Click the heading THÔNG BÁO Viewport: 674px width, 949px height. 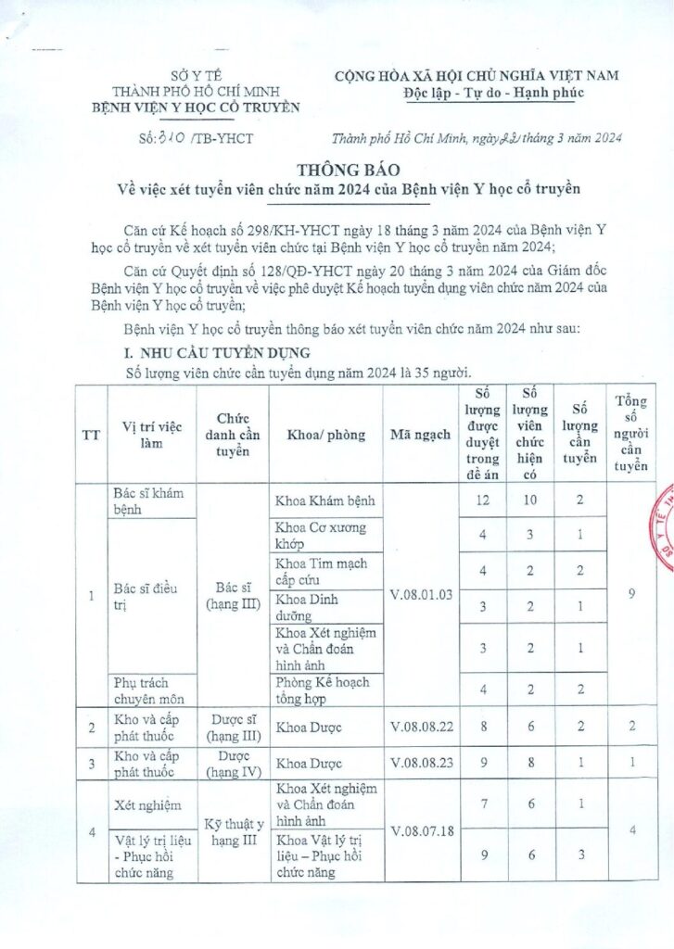tap(337, 171)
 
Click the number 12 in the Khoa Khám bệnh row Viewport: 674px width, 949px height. tap(483, 501)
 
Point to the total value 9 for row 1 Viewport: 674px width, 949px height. tap(630, 594)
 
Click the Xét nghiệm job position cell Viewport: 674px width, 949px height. tap(144, 806)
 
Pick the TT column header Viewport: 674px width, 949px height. tap(92, 434)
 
